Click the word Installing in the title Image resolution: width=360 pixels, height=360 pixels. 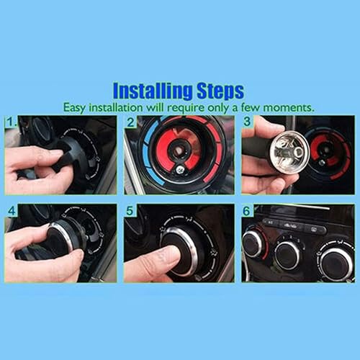click(x=153, y=91)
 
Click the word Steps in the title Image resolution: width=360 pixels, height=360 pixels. click(x=220, y=91)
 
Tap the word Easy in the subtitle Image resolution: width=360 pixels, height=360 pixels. click(x=74, y=107)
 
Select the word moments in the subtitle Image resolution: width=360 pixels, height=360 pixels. click(x=289, y=108)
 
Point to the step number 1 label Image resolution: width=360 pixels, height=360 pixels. click(x=12, y=122)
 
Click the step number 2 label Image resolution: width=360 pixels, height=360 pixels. click(x=130, y=122)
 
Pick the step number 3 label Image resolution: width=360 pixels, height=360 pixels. click(x=247, y=121)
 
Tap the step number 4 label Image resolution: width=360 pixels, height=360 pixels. click(x=12, y=211)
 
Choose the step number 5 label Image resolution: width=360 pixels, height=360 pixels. click(x=130, y=211)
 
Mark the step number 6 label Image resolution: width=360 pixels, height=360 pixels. click(x=246, y=211)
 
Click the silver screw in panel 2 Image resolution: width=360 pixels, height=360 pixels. click(x=179, y=170)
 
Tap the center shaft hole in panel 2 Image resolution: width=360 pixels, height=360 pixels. click(x=179, y=150)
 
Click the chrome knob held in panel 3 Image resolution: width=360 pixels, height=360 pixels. click(x=289, y=152)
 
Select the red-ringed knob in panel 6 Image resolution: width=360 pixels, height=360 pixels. click(x=253, y=243)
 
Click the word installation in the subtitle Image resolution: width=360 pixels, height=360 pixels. click(x=116, y=107)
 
